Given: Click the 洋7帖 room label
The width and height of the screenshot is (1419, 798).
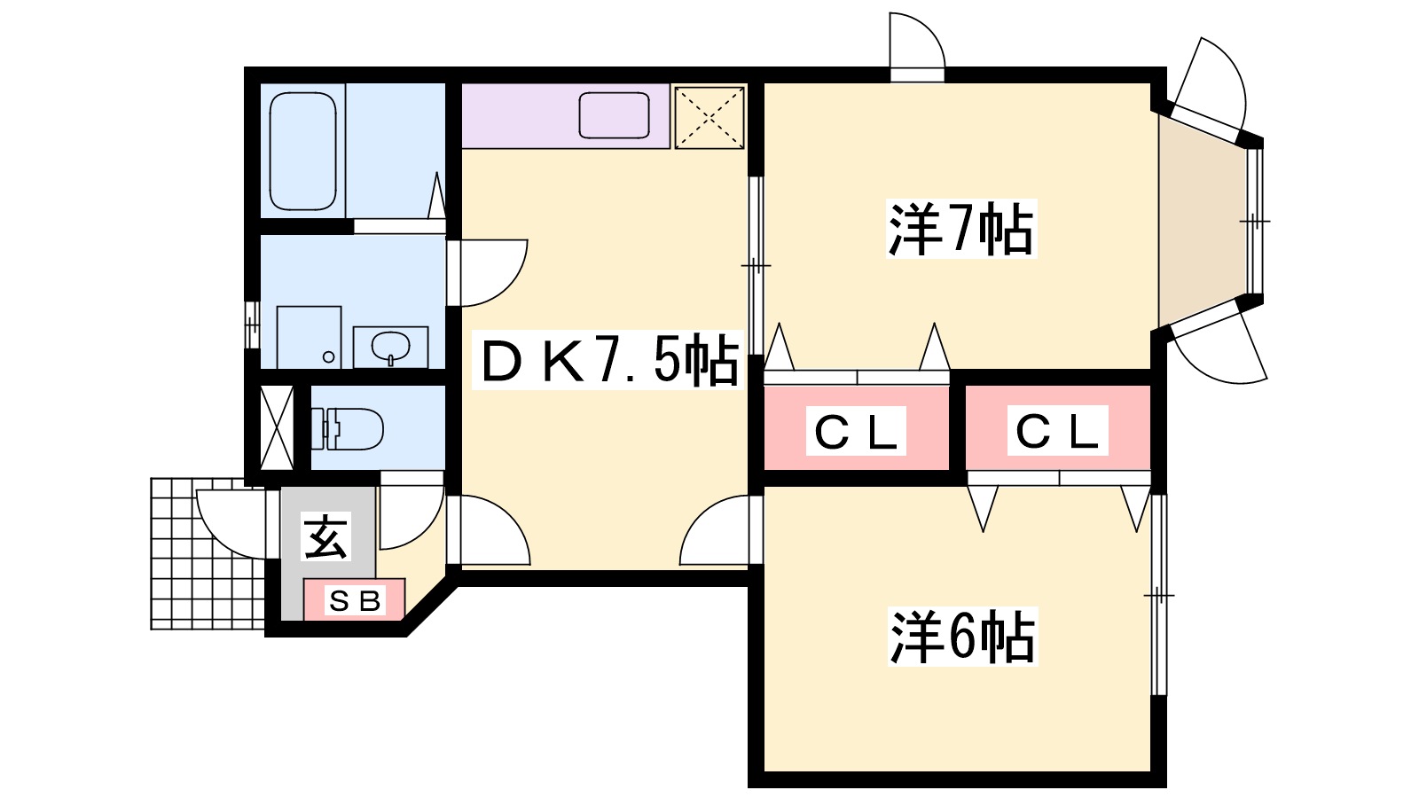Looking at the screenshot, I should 961,230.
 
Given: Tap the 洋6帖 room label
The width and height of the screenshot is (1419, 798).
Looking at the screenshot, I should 962,637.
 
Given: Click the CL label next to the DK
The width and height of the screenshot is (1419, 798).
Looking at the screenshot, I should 856,432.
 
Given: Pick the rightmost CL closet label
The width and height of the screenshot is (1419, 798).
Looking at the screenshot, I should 1057,432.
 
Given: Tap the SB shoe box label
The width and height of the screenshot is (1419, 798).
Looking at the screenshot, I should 355,601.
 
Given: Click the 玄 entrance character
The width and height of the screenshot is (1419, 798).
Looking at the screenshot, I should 326,536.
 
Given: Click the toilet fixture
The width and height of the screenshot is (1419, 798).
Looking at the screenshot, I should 348,428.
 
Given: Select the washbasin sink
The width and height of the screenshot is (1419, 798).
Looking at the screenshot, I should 390,346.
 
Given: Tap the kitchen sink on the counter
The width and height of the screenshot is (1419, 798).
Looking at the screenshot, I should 614,116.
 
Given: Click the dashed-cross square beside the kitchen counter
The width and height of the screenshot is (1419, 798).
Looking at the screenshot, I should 709,117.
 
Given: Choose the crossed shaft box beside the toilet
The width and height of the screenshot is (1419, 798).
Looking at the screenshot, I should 277,428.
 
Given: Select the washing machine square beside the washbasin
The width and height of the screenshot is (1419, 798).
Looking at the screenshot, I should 309,337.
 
